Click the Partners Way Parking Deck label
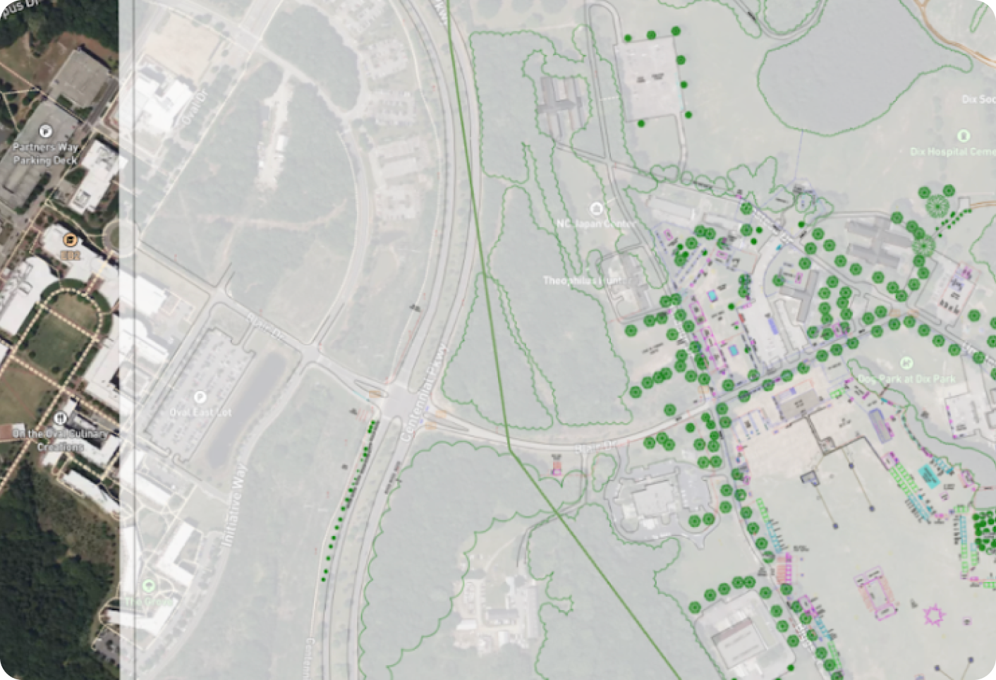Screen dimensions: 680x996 tap(45, 154)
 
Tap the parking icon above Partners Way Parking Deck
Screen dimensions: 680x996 tap(46, 130)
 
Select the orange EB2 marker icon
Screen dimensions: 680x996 tap(69, 241)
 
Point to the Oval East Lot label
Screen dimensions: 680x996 tap(200, 412)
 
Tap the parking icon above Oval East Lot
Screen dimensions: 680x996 tap(200, 397)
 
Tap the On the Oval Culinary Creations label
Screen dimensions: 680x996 tap(59, 439)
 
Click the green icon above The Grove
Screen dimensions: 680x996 tap(148, 585)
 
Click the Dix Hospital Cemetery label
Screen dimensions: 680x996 tap(952, 152)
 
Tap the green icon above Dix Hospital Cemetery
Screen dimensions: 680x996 tap(964, 135)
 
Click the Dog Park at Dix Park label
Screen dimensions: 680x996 tap(906, 379)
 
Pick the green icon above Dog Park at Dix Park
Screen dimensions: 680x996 tap(906, 363)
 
